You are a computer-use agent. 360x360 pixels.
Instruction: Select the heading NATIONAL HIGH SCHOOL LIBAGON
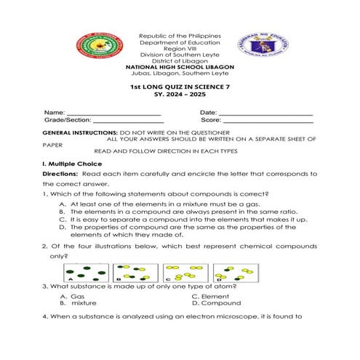(179, 67)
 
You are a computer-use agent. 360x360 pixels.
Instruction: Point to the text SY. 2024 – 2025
(179, 95)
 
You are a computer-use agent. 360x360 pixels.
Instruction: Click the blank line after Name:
(114, 114)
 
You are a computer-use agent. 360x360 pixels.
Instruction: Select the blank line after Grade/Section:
(128, 121)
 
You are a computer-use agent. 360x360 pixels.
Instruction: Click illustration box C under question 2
(187, 273)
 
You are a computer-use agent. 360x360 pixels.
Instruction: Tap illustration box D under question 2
(237, 273)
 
